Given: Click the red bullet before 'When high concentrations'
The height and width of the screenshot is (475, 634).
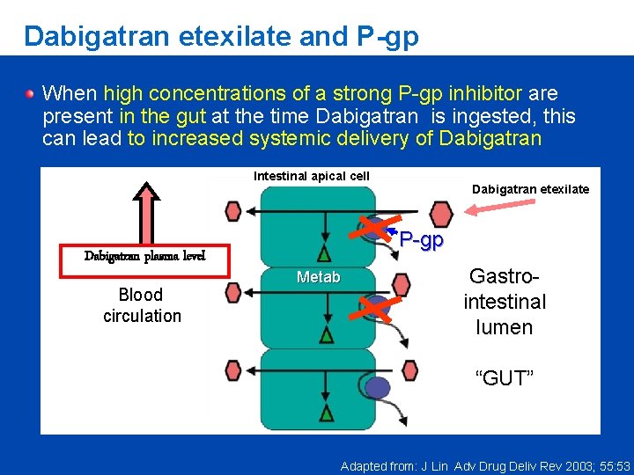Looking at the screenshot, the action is coord(31,92).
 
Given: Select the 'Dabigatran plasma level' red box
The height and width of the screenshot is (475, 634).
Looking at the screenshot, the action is coord(144,257).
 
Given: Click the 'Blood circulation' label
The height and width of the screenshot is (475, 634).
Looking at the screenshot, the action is coord(142,305).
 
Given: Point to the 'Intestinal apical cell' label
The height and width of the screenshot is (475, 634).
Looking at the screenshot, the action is coord(312,176).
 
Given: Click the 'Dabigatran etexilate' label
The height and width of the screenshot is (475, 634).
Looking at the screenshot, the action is coord(530,189).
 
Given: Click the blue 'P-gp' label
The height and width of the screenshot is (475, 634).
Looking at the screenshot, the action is coord(421,239).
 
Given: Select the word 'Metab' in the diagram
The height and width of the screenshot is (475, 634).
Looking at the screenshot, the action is coord(319,278).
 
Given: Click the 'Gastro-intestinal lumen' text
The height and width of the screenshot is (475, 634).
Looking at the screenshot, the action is coord(505,302).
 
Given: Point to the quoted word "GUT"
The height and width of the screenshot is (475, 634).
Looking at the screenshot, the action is coord(505,379).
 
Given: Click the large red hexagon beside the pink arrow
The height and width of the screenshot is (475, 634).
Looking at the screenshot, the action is coord(440,213).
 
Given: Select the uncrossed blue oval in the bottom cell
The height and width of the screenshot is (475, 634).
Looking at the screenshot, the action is coord(378,387).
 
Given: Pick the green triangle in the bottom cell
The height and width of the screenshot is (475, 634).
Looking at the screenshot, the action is coord(327,413).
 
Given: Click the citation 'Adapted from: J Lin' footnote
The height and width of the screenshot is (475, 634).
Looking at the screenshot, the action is coord(485,465).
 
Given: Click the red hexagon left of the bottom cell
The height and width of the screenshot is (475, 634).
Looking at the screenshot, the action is coord(233,371).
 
